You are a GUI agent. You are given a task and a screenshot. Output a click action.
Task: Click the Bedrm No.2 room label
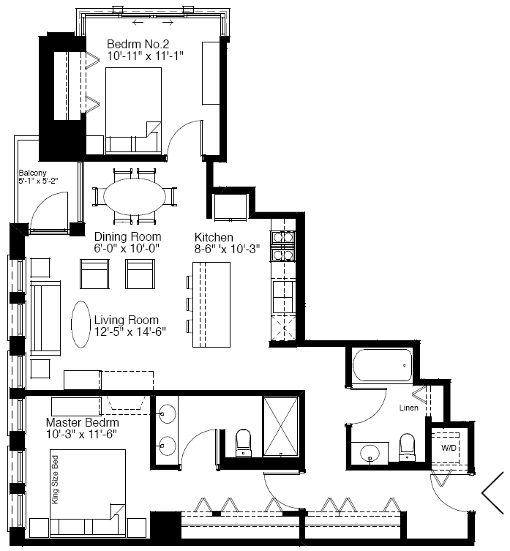pyautogui.click(x=138, y=45)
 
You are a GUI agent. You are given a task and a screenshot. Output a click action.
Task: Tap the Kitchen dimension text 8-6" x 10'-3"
pyautogui.click(x=227, y=249)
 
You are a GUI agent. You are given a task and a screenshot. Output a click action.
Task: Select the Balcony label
pyautogui.click(x=32, y=173)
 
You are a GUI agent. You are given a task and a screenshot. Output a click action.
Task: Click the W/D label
pyautogui.click(x=449, y=448)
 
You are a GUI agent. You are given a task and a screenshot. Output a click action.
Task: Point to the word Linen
pyautogui.click(x=409, y=408)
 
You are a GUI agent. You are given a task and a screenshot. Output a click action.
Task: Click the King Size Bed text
pyautogui.click(x=55, y=480)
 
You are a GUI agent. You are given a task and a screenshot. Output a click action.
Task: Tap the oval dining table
pyautogui.click(x=135, y=196)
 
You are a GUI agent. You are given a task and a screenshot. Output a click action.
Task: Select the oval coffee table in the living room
pyautogui.click(x=80, y=324)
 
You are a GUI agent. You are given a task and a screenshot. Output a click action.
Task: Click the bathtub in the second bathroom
pyautogui.click(x=382, y=365)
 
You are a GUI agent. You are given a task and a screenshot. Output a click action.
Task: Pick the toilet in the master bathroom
pyautogui.click(x=243, y=443)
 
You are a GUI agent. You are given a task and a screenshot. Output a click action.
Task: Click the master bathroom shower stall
pyautogui.click(x=281, y=427)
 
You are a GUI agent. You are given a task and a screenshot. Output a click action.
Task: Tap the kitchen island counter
pyautogui.click(x=211, y=304)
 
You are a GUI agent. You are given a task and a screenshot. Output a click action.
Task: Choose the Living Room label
pyautogui.click(x=127, y=320)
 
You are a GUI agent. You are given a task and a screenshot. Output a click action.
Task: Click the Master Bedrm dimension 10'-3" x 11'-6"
pyautogui.click(x=81, y=435)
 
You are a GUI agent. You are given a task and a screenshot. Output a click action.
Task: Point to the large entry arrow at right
pyautogui.click(x=492, y=493)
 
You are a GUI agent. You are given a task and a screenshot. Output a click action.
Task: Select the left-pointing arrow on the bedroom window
pyautogui.click(x=138, y=23)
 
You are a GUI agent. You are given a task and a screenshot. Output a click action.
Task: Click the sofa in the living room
pyautogui.click(x=45, y=318)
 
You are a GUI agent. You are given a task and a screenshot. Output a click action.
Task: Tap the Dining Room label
pyautogui.click(x=127, y=236)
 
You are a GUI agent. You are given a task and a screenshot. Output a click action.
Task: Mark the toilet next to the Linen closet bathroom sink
pyautogui.click(x=408, y=447)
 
